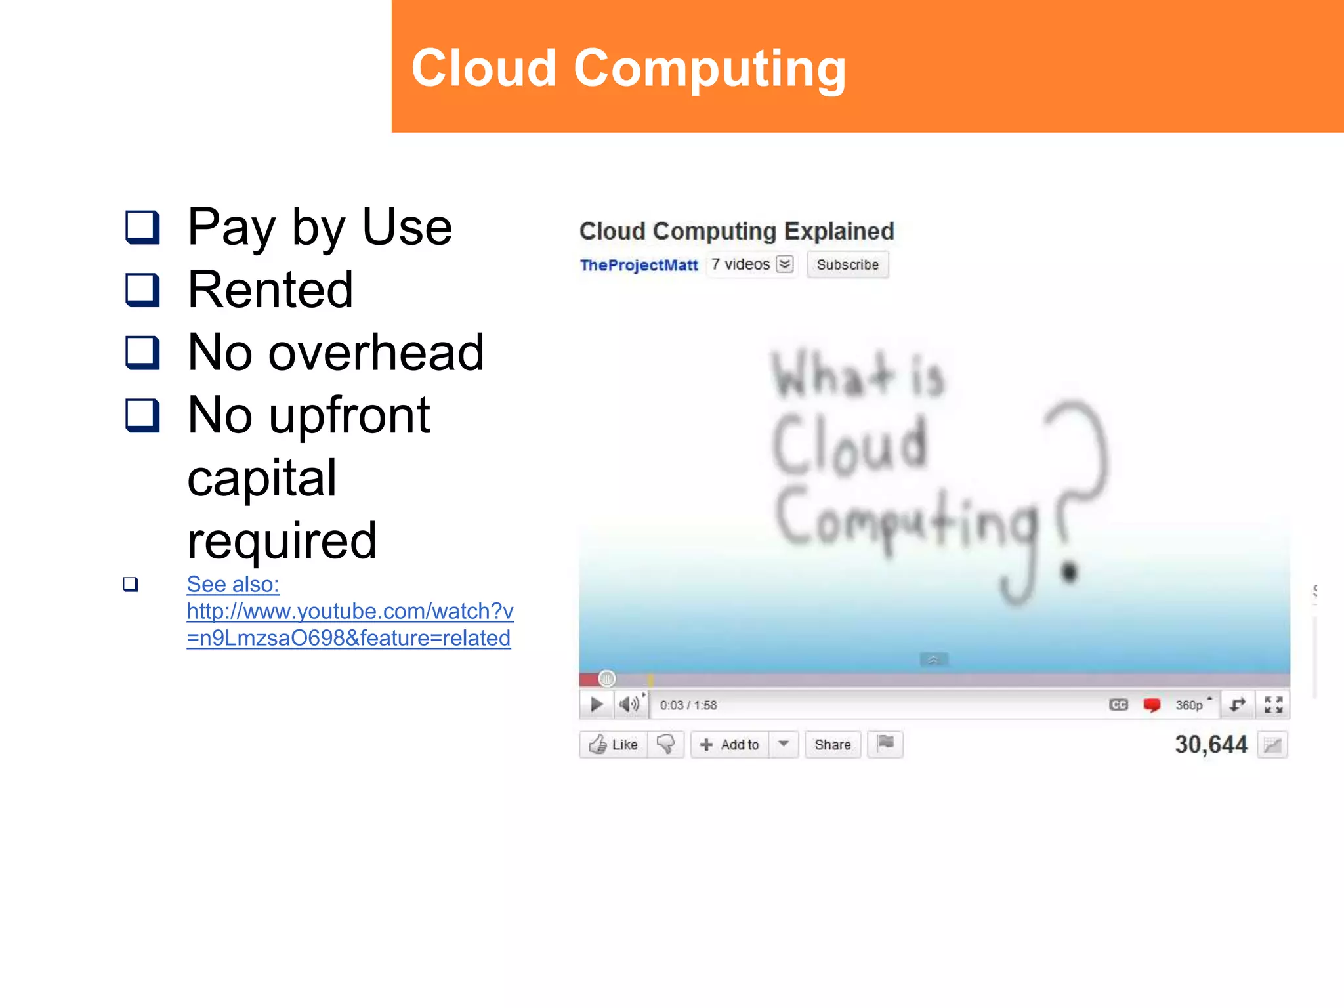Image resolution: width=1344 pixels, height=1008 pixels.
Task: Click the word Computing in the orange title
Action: [x=709, y=69]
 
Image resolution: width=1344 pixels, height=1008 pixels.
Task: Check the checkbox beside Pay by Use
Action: [x=142, y=227]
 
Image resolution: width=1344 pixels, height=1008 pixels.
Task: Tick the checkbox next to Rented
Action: [x=142, y=290]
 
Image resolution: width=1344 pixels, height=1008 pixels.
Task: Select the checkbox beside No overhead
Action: [x=142, y=353]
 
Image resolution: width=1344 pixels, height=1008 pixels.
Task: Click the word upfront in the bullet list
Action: [x=349, y=416]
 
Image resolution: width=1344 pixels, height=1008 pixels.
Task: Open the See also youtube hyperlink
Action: [x=349, y=612]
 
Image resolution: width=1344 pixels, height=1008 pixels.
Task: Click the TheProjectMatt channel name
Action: [x=639, y=265]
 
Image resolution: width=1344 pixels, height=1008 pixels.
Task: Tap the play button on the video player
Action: [x=597, y=705]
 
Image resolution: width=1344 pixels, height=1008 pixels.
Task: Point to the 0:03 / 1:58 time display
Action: [x=688, y=705]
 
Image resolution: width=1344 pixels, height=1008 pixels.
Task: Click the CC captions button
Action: [x=1118, y=705]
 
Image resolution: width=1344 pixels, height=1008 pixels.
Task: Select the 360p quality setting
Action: [x=1189, y=705]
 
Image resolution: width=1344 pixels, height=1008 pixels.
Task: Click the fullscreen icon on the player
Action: [x=1273, y=705]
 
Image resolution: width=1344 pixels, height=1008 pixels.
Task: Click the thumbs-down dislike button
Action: [x=665, y=744]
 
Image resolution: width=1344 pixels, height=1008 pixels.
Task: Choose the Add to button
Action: [x=730, y=745]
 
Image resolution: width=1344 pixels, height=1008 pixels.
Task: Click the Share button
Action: [x=832, y=745]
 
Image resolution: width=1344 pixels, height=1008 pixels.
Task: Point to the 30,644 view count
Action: [x=1211, y=745]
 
